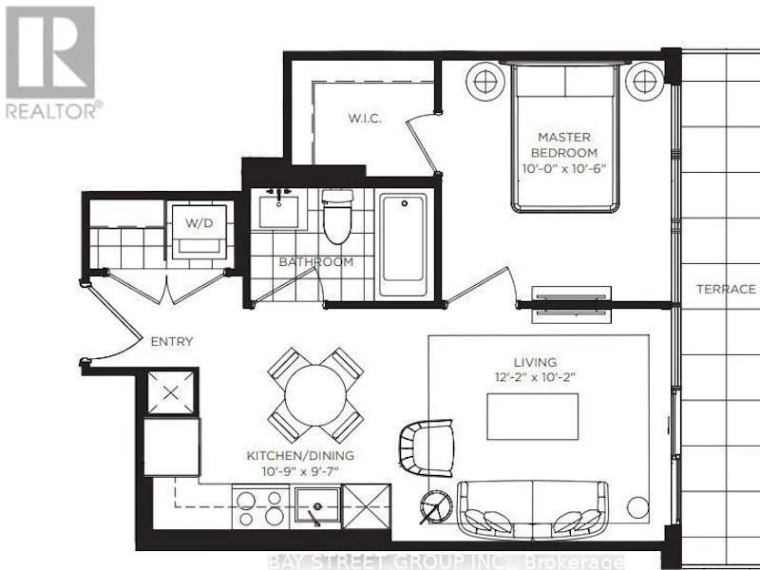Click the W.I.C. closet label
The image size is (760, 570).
(x=365, y=118)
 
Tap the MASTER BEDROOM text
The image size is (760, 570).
(x=564, y=145)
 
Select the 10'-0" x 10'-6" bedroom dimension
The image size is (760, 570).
(x=564, y=169)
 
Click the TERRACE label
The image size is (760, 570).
(x=726, y=290)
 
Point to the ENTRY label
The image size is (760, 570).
(x=172, y=341)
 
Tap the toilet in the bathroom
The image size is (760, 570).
(x=337, y=217)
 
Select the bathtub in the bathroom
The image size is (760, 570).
(x=404, y=245)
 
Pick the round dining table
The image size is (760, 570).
(x=315, y=395)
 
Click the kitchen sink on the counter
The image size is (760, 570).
(x=317, y=506)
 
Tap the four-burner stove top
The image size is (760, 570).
(x=260, y=507)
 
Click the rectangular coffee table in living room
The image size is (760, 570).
(x=532, y=416)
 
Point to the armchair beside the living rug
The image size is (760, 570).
(x=427, y=448)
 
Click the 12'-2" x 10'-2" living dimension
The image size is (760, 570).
(x=535, y=376)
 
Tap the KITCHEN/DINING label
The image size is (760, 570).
(x=300, y=456)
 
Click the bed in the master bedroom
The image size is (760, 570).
(x=565, y=138)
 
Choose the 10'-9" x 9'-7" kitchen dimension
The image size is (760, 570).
(x=300, y=470)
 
